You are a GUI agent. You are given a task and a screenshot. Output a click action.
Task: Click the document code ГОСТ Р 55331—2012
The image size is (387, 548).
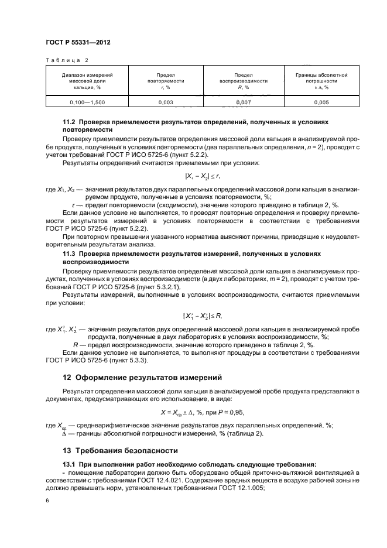[x=78, y=43]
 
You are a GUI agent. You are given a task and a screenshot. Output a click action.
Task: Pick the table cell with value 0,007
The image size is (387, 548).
[x=243, y=102]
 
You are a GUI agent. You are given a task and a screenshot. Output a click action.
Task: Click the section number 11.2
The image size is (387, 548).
[x=70, y=121]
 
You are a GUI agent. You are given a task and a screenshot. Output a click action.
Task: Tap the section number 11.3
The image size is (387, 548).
[x=70, y=254]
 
